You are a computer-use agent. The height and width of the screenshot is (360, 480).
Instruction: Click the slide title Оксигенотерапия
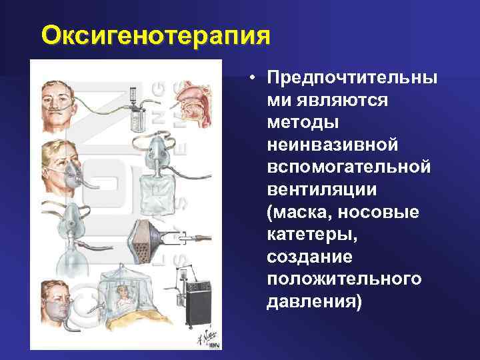click(156, 35)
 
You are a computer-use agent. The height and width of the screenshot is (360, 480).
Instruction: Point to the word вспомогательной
click(348, 167)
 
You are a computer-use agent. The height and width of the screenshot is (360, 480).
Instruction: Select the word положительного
click(344, 279)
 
